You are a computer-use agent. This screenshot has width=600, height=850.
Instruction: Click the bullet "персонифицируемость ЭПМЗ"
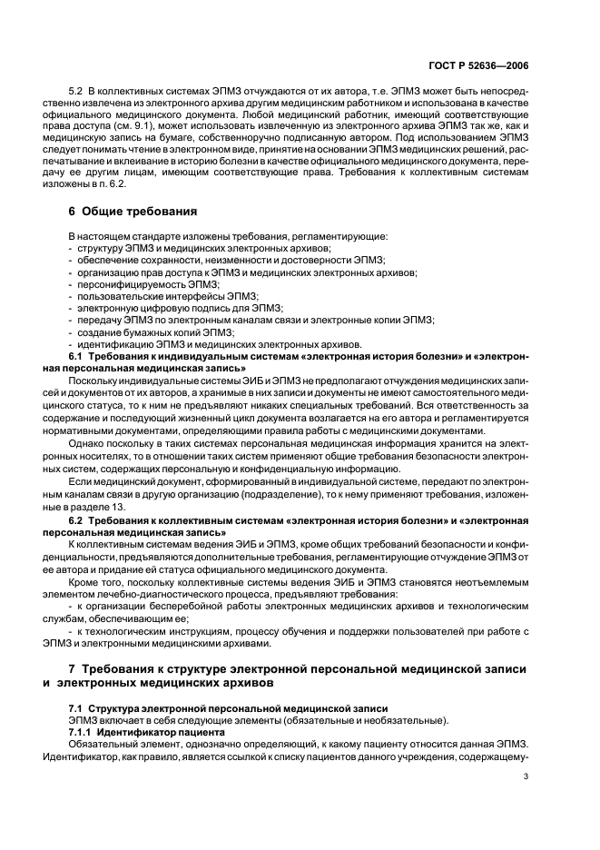point(139,283)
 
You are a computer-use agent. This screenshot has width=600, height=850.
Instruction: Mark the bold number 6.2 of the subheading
point(77,520)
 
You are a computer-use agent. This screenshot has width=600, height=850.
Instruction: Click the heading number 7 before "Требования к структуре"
point(73,670)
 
